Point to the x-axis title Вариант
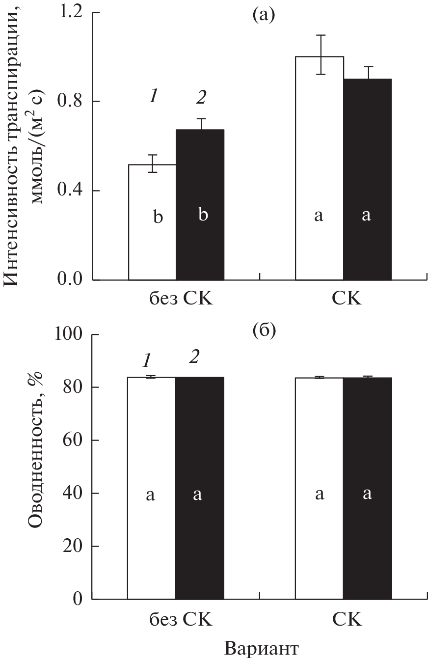[x=262, y=648]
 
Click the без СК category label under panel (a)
[x=181, y=299]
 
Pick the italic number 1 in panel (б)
[x=145, y=361]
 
